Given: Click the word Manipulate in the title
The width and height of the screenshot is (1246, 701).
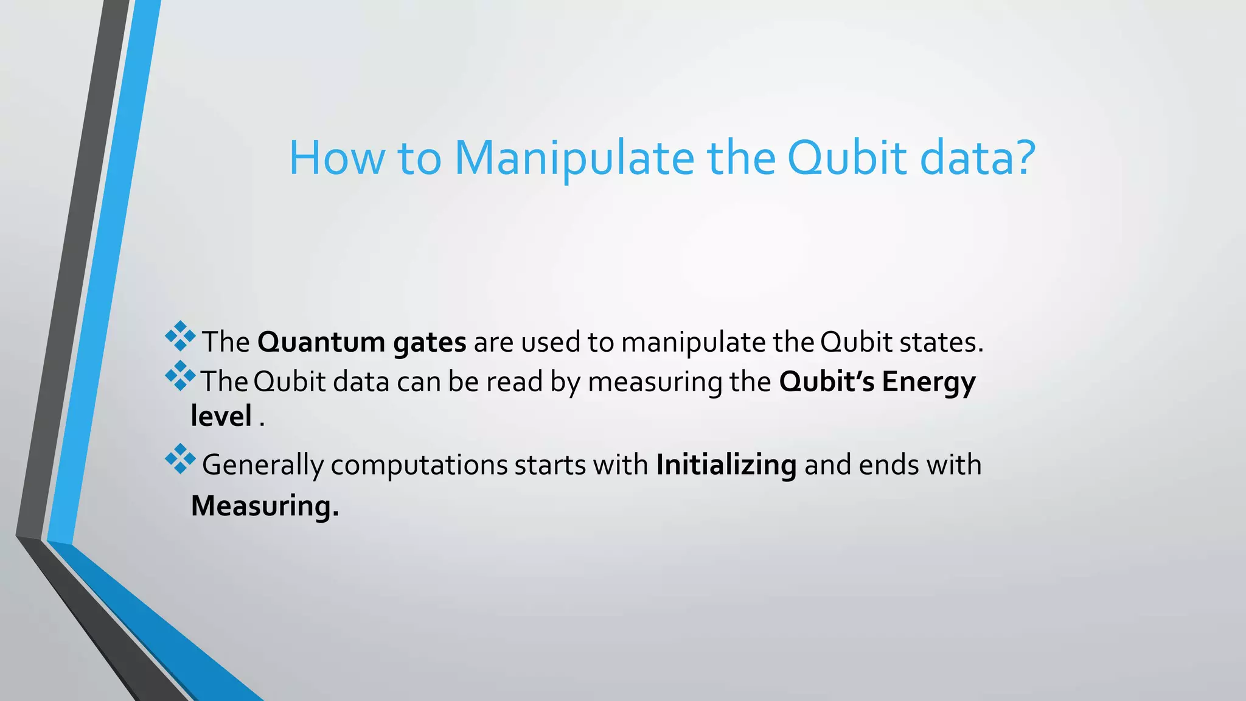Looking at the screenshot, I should tap(574, 158).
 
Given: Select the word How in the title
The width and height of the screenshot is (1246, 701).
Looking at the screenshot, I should tap(336, 158).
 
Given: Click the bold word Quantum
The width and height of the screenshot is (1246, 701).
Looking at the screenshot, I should tap(321, 342).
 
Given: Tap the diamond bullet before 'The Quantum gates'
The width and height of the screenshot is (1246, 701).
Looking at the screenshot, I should tap(180, 336).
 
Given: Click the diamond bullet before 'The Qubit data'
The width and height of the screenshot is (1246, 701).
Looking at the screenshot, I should tap(180, 376).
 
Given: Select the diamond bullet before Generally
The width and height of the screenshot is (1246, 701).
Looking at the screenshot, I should tap(180, 459).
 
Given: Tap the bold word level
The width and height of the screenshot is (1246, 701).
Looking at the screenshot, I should tap(221, 416).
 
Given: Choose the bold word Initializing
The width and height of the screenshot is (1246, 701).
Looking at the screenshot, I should tap(726, 466).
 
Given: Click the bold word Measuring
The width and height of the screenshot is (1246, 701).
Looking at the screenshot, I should tap(265, 506).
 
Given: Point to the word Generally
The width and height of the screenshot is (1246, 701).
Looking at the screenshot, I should tap(262, 466).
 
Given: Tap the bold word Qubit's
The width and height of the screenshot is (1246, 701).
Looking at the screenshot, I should tap(827, 382).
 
